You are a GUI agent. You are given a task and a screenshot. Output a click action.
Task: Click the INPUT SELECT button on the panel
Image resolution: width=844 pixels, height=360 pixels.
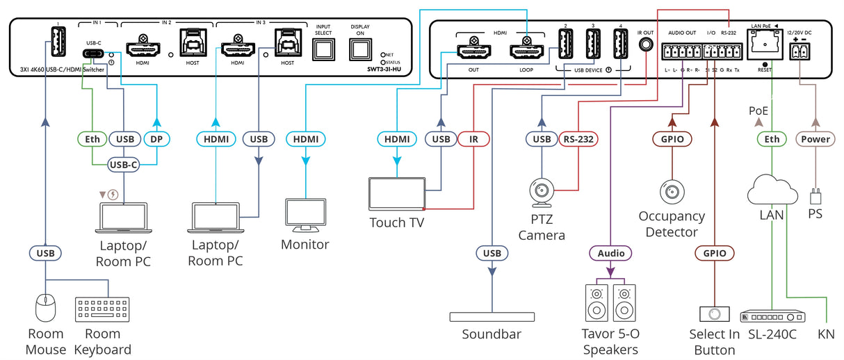[x=323, y=49]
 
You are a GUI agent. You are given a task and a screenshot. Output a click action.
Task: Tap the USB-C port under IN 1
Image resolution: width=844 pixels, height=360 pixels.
[x=93, y=54]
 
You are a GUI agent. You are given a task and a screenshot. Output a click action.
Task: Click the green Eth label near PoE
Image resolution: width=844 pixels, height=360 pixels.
[x=772, y=139]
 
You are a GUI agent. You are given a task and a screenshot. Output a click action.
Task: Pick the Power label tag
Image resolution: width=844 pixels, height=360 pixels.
[x=815, y=139]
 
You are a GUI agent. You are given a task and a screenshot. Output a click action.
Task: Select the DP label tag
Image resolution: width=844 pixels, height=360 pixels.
[x=156, y=139]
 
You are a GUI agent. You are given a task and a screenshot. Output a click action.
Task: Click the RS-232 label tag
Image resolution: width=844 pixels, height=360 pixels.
[x=578, y=139]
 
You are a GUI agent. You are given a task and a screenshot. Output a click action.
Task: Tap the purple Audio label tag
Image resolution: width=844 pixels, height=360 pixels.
[x=610, y=253]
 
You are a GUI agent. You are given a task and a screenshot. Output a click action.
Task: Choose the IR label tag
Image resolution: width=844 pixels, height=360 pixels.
[x=473, y=139]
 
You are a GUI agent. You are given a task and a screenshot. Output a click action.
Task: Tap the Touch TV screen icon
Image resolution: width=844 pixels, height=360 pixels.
[x=396, y=194]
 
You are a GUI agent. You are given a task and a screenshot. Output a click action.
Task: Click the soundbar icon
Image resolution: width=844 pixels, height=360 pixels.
[x=492, y=317]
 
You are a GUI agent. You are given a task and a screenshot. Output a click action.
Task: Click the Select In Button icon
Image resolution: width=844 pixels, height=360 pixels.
[x=715, y=313]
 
